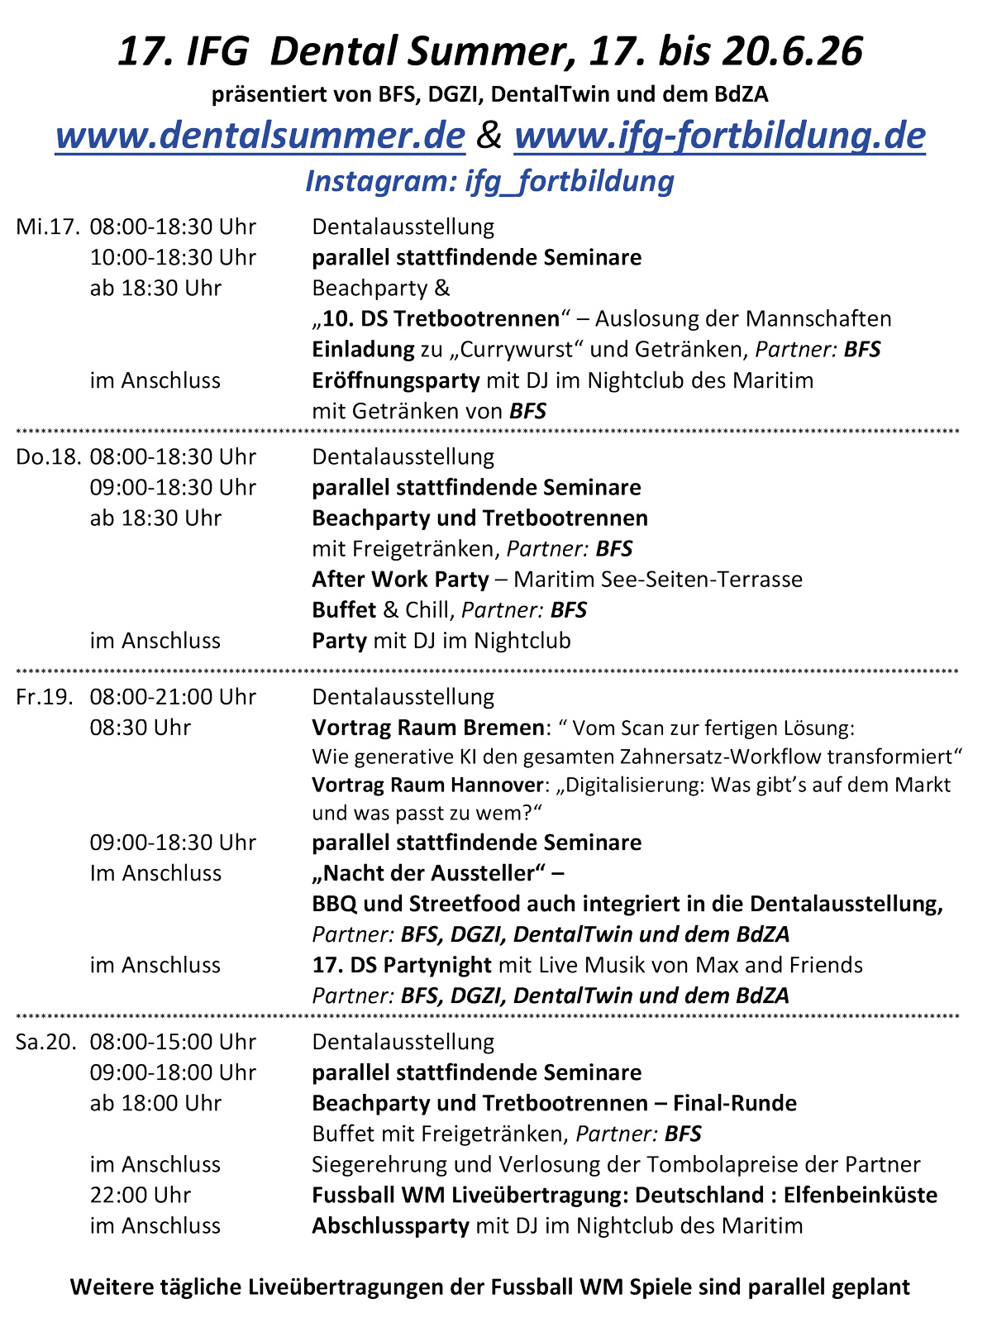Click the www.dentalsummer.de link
click(x=260, y=136)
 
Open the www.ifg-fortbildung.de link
click(x=719, y=136)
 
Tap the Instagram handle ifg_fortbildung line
click(x=489, y=181)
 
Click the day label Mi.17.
click(x=48, y=227)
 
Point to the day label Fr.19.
click(x=45, y=697)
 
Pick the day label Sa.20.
click(x=46, y=1042)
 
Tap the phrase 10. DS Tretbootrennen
click(x=441, y=319)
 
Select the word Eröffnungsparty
click(x=395, y=380)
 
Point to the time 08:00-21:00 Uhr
click(x=173, y=697)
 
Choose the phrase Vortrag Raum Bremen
click(x=427, y=728)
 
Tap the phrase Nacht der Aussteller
click(x=429, y=873)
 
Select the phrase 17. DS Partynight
click(x=401, y=965)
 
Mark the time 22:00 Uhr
click(x=140, y=1195)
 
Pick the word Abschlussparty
click(x=390, y=1225)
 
